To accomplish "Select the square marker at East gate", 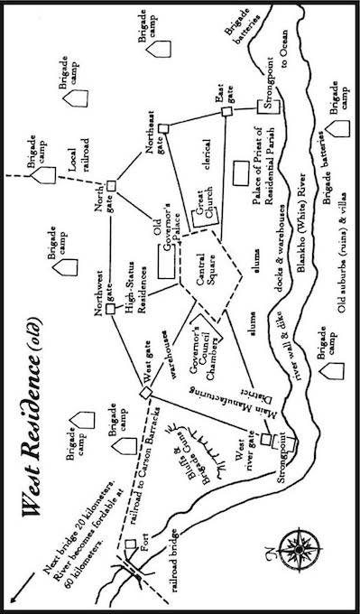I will coord(228,111).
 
